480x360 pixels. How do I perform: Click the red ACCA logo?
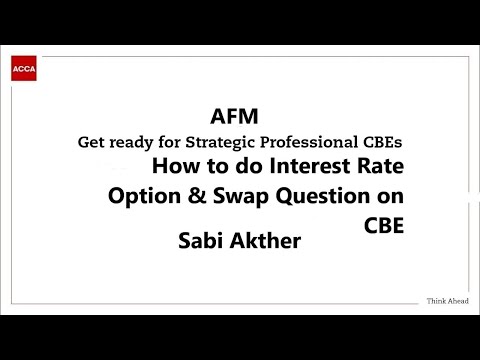(23, 69)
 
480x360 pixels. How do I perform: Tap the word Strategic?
(229, 141)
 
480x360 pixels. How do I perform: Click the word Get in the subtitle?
(92, 141)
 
